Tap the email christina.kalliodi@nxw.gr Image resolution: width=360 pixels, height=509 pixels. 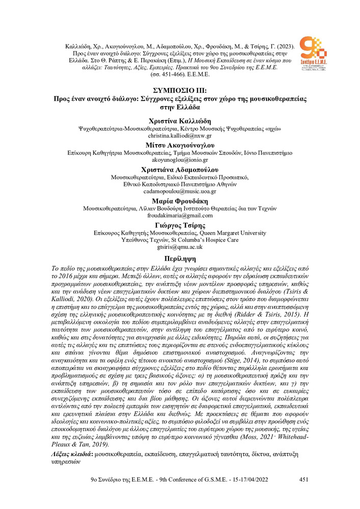pos(180,137)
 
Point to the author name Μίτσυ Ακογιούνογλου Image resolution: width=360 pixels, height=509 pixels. pos(180,145)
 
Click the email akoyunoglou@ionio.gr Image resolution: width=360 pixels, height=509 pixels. pos(180,160)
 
